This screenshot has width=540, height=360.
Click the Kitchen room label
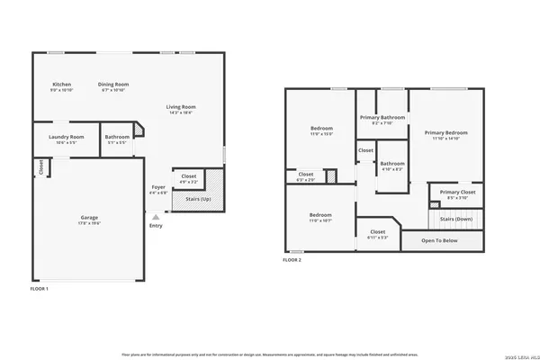click(61, 85)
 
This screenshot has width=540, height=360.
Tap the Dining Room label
click(113, 85)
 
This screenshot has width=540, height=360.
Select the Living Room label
click(181, 107)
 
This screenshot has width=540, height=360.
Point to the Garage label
click(87, 218)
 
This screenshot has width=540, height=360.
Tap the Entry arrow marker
click(157, 217)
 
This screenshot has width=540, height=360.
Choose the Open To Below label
click(440, 240)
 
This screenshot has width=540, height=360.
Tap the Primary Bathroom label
click(383, 117)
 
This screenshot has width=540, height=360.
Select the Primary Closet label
click(458, 192)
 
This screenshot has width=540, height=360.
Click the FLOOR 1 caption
click(40, 290)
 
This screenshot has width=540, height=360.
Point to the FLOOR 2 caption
click(292, 259)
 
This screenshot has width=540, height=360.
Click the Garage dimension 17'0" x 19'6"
click(87, 223)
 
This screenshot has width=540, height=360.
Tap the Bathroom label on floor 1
click(117, 137)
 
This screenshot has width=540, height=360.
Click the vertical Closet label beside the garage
click(40, 167)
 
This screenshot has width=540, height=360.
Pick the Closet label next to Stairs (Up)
click(189, 176)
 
